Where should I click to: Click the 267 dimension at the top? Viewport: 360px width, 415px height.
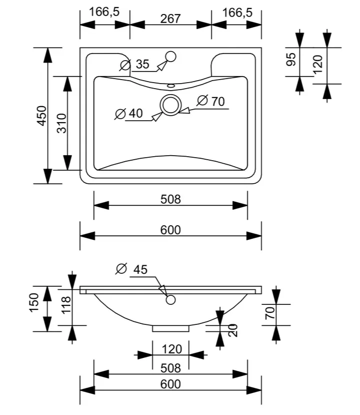[170, 19]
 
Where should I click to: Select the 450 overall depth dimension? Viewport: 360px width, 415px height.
[42, 116]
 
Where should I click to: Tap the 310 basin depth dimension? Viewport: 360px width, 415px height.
[62, 123]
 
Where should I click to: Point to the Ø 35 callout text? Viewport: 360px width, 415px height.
[135, 64]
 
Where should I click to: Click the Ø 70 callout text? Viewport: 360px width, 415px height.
[211, 101]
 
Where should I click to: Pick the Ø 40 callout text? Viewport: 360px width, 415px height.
[129, 114]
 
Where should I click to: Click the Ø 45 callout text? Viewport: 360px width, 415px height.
[132, 269]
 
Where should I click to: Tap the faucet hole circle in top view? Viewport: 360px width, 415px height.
[170, 57]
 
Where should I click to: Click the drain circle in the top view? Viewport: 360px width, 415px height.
[170, 105]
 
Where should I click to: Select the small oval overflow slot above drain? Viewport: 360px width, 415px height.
[171, 86]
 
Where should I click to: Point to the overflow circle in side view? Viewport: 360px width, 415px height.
[171, 299]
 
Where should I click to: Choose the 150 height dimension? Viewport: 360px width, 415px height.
[35, 302]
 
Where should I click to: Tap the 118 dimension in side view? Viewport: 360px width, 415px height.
[66, 305]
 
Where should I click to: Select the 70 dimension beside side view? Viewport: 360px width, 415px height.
[270, 313]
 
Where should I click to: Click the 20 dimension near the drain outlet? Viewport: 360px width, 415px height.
[232, 330]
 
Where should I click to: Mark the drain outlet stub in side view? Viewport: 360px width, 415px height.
[171, 328]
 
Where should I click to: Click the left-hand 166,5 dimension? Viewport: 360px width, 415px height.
[104, 12]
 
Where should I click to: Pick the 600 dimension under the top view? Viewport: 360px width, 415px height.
[170, 230]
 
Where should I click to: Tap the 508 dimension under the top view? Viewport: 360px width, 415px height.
[170, 199]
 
